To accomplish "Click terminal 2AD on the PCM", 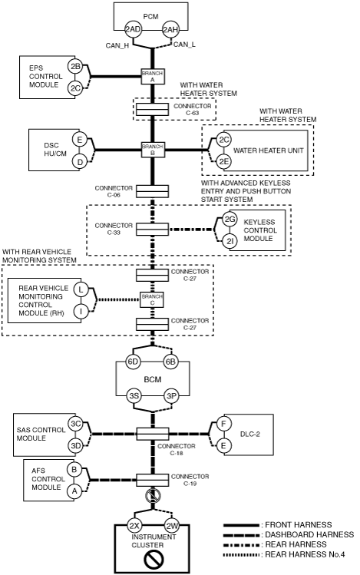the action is coord(133,30).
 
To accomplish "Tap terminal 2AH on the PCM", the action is coord(170,30).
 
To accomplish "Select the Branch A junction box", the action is coord(153,76).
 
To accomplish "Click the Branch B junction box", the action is coord(153,150).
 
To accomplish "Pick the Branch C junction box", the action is coord(153,299).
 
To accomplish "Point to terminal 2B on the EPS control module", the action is coord(75,67).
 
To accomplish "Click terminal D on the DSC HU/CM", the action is coord(80,161).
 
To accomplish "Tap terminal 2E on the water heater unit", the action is coord(223,161).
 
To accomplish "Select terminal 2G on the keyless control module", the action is coord(230,220).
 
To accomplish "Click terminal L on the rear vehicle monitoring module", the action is coord(81,289).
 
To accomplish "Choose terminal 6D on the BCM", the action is coord(133,362).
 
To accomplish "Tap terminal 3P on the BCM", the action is coord(171,396).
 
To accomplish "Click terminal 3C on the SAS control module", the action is coord(75,424).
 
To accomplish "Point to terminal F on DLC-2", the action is coord(223,425).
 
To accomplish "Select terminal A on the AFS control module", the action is coord(74,491).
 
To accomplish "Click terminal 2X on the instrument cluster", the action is coord(134,526).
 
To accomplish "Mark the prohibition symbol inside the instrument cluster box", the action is coord(154,560).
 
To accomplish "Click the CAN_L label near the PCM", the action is coord(184,45).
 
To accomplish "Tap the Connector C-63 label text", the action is coord(193,109).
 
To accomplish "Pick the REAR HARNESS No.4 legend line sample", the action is coord(241,554).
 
